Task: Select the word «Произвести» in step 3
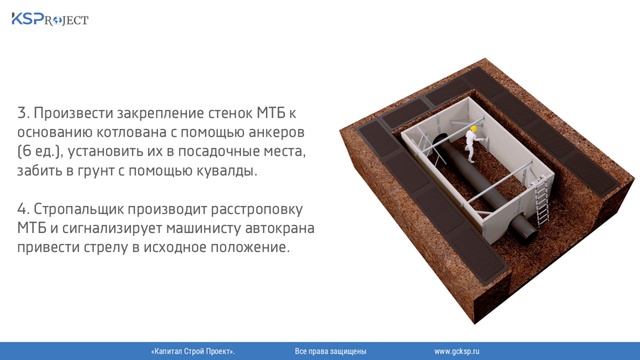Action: (79, 112)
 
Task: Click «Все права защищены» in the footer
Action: (331, 352)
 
